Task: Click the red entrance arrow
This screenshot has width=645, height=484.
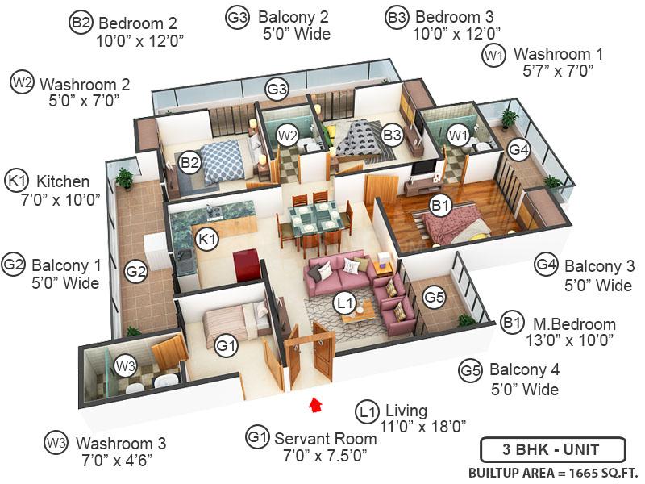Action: (x=315, y=403)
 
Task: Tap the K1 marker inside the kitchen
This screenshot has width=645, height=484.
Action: (x=207, y=240)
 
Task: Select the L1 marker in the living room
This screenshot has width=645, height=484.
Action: (x=344, y=303)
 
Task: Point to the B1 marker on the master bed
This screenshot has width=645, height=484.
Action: (x=440, y=207)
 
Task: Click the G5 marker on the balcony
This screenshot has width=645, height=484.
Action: (x=435, y=298)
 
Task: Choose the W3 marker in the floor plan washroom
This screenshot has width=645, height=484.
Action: (x=125, y=365)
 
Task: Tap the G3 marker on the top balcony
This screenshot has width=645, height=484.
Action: (x=277, y=89)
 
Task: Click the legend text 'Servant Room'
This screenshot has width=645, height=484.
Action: (x=325, y=439)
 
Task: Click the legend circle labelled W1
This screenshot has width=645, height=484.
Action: (x=493, y=56)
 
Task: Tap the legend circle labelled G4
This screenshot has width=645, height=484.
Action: (x=547, y=265)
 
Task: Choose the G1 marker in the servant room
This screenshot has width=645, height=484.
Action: (x=226, y=346)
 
